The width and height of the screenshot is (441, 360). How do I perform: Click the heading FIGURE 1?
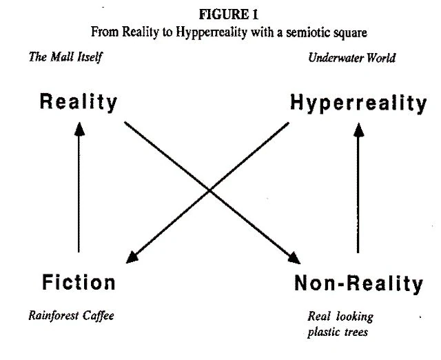pos(228,14)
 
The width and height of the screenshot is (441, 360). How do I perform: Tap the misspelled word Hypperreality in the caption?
pos(212,32)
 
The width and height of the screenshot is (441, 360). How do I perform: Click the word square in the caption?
pos(351,33)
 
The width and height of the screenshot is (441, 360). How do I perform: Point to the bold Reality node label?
pos(79,103)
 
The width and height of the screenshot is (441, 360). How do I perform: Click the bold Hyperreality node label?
pos(358,103)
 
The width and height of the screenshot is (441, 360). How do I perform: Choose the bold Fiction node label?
pos(79,282)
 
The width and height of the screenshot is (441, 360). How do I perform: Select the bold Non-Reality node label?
pos(359,283)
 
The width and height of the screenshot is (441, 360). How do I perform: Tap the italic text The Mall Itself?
pos(65,57)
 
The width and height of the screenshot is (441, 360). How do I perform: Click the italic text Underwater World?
pos(352,58)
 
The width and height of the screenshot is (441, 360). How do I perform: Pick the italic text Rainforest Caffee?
pos(72,316)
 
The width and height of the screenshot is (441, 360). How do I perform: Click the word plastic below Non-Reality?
pos(323,332)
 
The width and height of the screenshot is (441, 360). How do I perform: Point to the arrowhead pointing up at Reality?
pos(79,129)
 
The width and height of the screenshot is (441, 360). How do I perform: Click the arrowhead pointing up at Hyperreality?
pos(358,130)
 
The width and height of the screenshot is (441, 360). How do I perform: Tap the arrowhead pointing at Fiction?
pos(132,257)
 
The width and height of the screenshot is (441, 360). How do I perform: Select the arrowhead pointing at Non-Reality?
pos(294,258)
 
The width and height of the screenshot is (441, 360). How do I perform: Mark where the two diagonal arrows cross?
pos(209,191)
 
